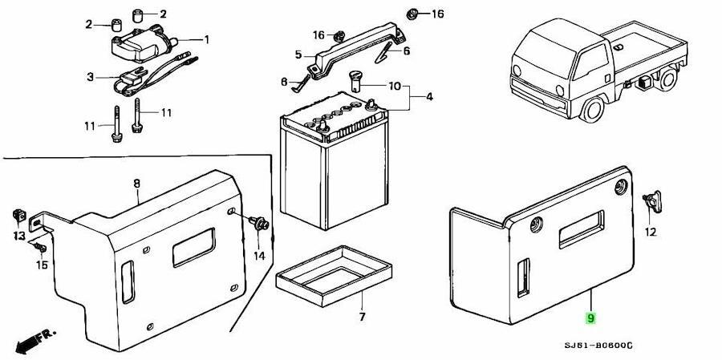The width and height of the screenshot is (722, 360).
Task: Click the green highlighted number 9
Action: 590,318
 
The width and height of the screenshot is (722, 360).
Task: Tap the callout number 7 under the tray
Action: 362,318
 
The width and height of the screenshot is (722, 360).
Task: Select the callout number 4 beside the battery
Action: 429,97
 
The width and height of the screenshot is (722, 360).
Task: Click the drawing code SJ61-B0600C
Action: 598,346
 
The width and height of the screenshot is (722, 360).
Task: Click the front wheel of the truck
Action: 593,110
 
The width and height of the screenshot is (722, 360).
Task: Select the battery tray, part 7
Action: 334,275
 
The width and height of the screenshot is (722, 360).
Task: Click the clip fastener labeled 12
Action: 653,201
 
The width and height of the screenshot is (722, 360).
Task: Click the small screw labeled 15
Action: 40,247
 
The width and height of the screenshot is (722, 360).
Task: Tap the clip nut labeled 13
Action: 19,215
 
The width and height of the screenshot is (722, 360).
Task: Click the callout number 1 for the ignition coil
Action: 207,40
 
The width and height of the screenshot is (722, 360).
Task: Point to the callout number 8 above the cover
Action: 136,184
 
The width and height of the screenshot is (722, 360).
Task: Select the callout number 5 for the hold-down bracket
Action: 298,55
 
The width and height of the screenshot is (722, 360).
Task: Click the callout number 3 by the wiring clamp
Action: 90,77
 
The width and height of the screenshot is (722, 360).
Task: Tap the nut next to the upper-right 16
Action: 412,14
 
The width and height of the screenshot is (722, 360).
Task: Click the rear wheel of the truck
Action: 667,79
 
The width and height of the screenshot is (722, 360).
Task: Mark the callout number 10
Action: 395,86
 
